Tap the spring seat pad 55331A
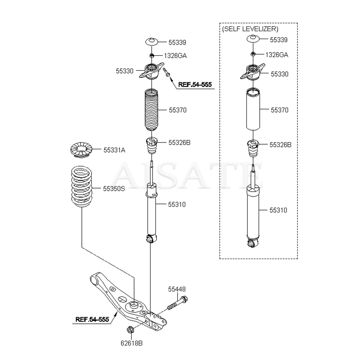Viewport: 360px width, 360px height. pos(81,150)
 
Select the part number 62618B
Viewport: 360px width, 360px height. pos(132,343)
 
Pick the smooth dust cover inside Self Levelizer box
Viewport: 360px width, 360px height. pos(254,109)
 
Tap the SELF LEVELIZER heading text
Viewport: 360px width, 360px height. pos(250,29)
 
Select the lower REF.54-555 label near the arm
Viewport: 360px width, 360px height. pos(92,319)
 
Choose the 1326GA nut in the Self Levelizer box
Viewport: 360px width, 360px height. pos(253,54)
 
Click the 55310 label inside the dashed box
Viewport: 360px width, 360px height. pos(278,210)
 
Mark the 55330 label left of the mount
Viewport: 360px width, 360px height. pos(124,71)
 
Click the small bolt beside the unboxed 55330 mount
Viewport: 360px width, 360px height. pos(167,72)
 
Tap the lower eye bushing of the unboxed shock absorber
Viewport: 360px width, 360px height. pos(151,238)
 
